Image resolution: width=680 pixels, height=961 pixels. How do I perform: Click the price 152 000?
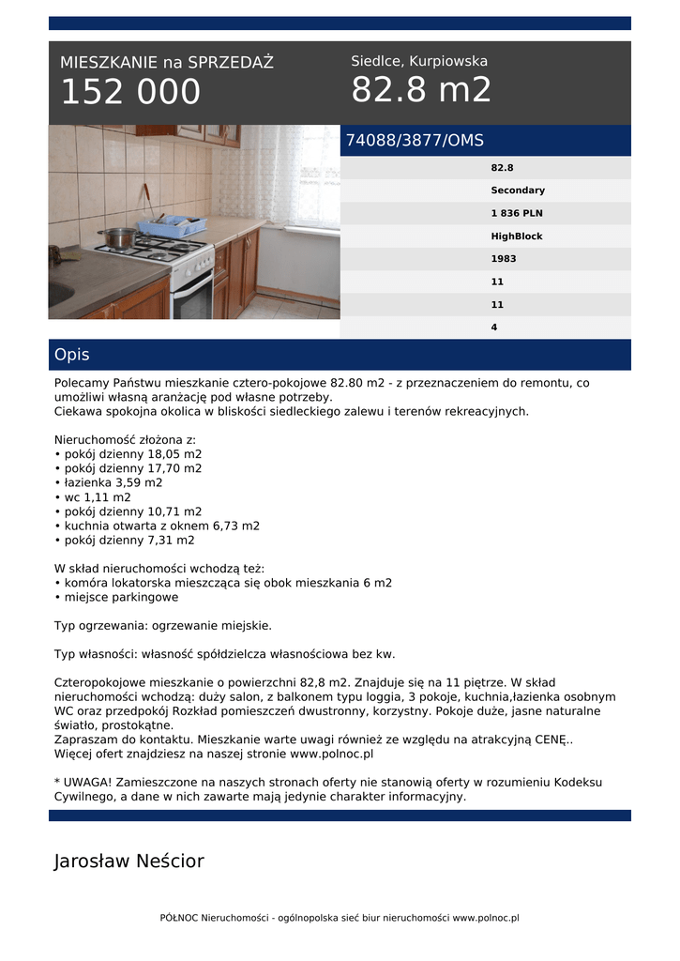[130, 92]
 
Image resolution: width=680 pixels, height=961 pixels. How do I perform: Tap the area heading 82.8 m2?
[421, 90]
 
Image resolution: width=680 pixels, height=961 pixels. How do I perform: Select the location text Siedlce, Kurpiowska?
[419, 61]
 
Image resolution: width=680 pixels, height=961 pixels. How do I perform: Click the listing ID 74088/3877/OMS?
[415, 141]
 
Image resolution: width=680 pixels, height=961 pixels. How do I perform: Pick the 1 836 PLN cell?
[517, 213]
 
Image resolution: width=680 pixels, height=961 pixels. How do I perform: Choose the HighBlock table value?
[517, 236]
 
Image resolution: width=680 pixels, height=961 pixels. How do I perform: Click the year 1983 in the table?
[504, 259]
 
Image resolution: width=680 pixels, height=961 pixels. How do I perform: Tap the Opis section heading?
[72, 355]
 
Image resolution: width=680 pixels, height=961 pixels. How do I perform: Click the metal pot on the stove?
[119, 237]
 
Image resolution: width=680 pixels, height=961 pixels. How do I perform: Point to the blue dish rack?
[173, 226]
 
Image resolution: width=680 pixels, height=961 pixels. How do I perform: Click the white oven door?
[193, 294]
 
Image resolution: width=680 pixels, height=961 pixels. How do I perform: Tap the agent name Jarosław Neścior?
[129, 861]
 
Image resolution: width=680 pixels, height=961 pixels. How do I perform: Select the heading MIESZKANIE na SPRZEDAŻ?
[167, 63]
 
